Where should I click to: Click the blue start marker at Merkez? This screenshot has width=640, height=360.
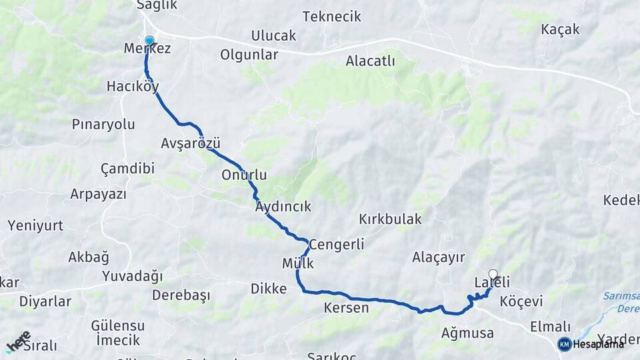(x=149, y=41)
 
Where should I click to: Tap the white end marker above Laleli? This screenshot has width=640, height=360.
(x=493, y=274)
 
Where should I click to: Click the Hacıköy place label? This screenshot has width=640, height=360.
(x=133, y=87)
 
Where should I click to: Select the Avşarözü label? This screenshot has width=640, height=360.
(x=190, y=143)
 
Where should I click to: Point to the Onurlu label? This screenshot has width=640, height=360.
(x=244, y=175)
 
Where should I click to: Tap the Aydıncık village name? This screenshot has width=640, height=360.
(x=283, y=207)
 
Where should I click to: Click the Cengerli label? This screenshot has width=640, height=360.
(x=337, y=245)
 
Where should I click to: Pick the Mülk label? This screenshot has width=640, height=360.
(x=297, y=263)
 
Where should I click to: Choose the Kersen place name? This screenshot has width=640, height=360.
(x=346, y=308)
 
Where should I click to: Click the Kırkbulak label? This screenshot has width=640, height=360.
(x=390, y=219)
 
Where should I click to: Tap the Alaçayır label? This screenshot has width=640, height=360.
(x=438, y=257)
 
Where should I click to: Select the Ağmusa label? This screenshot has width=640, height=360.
(x=467, y=333)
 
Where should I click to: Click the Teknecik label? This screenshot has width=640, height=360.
(x=331, y=17)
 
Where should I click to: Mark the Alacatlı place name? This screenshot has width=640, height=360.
(x=370, y=61)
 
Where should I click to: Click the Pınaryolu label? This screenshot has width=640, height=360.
(x=103, y=125)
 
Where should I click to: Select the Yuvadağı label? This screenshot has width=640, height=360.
(x=132, y=276)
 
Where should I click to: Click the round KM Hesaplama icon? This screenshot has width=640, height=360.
(x=565, y=344)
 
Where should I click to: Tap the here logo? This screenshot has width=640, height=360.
(x=18, y=341)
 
